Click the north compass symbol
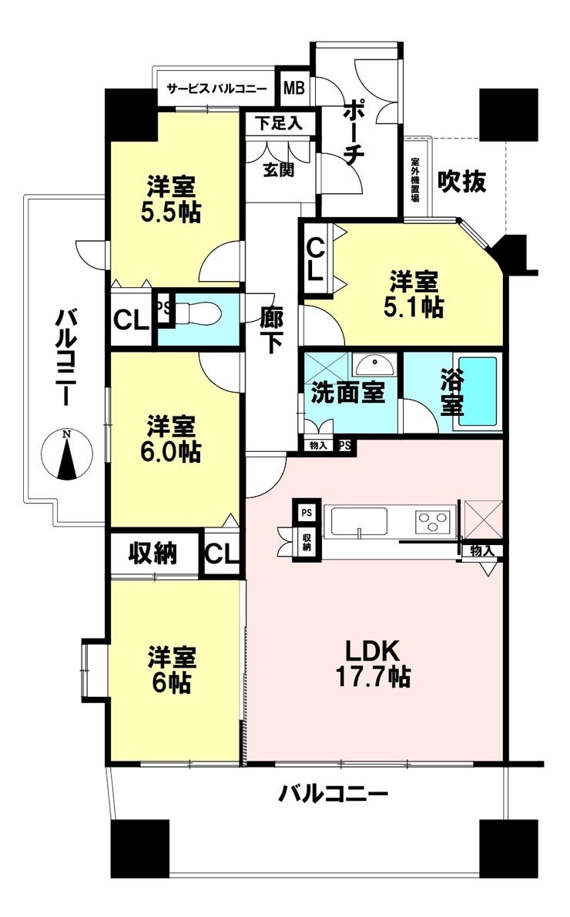coord(67,454)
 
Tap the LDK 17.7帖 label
coord(373,663)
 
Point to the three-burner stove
coord(433,520)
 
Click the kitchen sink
coord(359,522)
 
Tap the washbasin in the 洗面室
coord(375,366)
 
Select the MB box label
coord(293,89)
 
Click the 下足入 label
coord(280,123)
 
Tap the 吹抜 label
coord(462,182)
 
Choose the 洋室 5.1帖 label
coord(413,294)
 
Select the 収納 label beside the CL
coord(153,553)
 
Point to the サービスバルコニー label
coord(216,89)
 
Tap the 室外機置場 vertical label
coord(415,179)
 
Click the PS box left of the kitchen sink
coord(306,513)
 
